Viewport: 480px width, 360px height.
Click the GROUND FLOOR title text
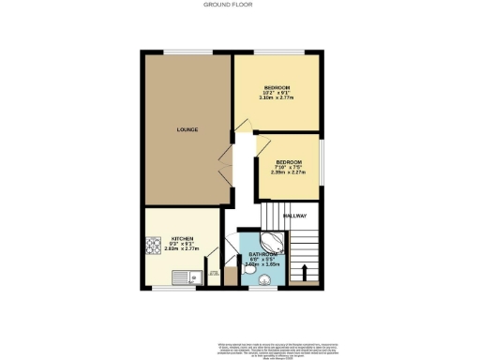[x=239, y=5]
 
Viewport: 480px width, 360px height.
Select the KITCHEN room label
[x=182, y=238]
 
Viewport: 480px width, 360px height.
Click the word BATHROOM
[x=263, y=255]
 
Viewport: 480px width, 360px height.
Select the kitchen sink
[x=184, y=277]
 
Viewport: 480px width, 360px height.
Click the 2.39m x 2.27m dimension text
[x=290, y=172]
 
